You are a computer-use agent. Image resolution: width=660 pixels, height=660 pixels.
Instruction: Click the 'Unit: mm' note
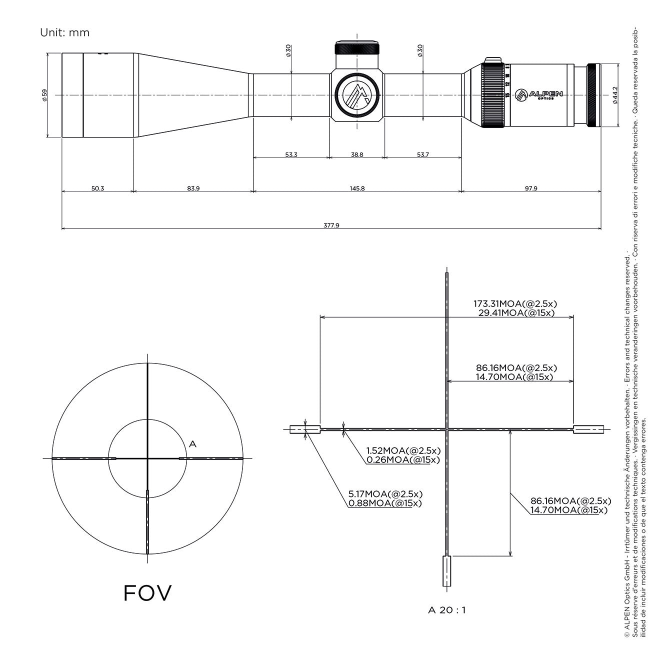point(64,32)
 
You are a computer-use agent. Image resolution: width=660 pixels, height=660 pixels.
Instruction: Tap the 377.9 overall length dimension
point(331,225)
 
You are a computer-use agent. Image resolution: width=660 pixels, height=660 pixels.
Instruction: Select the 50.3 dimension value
point(97,188)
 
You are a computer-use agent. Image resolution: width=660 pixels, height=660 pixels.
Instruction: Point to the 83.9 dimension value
point(193,188)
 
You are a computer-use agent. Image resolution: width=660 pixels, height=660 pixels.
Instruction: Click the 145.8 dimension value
point(357,188)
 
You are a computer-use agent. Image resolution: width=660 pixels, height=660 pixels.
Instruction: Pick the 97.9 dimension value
point(531,188)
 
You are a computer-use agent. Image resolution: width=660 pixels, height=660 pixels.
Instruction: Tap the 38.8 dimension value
point(357,155)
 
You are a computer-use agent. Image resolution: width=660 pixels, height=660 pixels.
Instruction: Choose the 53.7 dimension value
point(422,155)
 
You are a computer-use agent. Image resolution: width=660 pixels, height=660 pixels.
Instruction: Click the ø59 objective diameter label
point(44,95)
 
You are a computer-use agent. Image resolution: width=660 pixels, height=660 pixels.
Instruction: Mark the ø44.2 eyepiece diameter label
point(615,95)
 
